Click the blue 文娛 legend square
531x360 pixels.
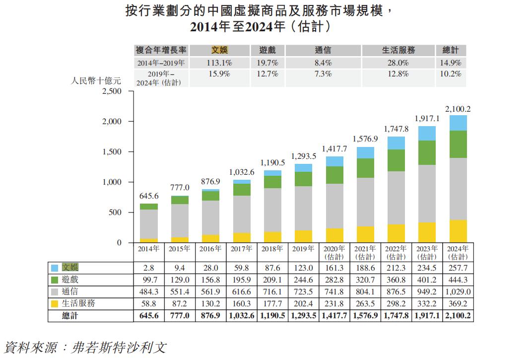55,268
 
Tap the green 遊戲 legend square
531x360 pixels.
55,280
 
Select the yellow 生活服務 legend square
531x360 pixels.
55,303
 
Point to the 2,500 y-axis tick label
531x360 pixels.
112,91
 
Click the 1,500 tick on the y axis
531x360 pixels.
112,152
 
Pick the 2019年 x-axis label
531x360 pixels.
304,249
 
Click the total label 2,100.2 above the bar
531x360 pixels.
458,109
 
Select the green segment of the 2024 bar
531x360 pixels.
458,144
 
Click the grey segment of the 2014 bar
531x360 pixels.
149,224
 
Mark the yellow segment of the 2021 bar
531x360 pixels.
366,234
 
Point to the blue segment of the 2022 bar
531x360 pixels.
397,143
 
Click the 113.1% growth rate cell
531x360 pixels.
219,63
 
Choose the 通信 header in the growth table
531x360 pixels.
323,50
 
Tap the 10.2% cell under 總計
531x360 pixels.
451,74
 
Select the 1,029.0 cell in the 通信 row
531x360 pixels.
458,292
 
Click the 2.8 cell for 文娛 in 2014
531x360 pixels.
148,268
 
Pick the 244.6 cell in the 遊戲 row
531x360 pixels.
304,280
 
